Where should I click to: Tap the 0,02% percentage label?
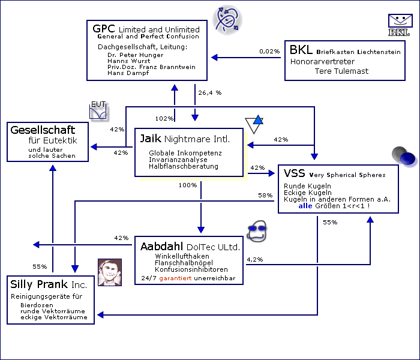click(x=269, y=52)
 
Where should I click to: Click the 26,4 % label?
click(x=210, y=93)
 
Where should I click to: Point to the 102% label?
click(x=164, y=118)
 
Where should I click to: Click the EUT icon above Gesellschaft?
click(x=98, y=110)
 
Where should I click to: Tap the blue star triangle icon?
click(x=254, y=124)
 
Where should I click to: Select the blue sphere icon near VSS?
click(x=408, y=158)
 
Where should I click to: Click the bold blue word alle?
click(x=305, y=206)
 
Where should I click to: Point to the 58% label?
click(x=265, y=196)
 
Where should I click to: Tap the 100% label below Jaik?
click(x=188, y=185)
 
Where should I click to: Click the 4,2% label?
click(x=254, y=260)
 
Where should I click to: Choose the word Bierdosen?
click(x=33, y=305)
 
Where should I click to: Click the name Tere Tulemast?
click(x=342, y=71)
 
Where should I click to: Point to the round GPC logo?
click(x=229, y=20)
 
